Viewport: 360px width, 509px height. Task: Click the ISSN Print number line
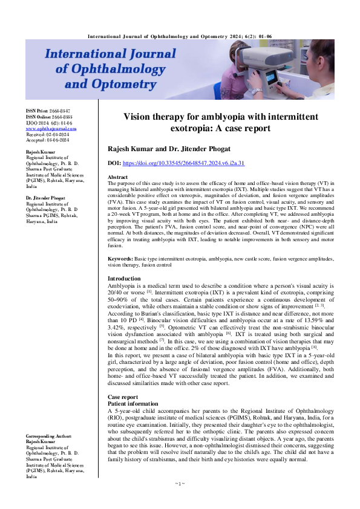point(48,112)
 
